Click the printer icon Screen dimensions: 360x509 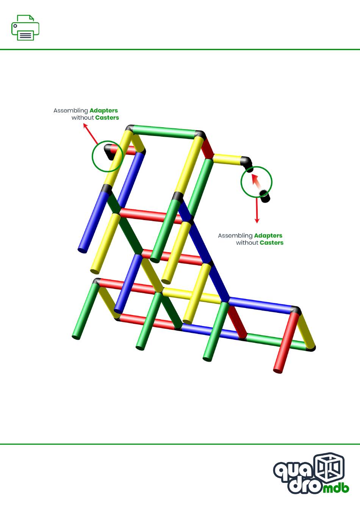click(25, 28)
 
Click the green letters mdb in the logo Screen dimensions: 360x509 click(336, 488)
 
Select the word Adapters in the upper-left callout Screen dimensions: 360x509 click(103, 111)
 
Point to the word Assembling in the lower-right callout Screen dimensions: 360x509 click(235, 236)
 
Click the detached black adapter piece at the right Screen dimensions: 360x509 click(265, 196)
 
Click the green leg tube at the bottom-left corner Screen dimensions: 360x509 click(85, 311)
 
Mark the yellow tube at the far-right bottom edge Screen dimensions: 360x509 click(307, 331)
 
